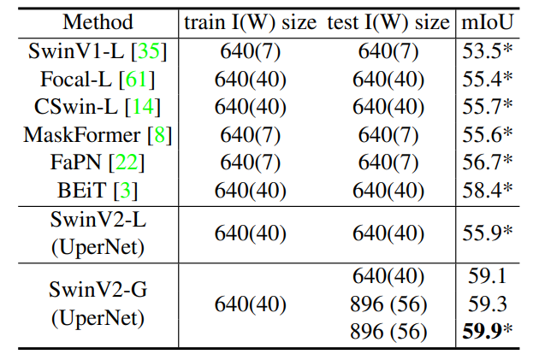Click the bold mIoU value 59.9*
483,330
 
